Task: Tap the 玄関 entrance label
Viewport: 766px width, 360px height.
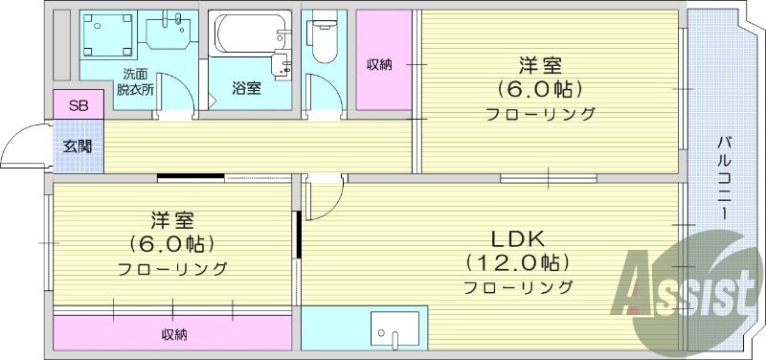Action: [79, 146]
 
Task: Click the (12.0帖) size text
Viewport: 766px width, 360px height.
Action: [517, 262]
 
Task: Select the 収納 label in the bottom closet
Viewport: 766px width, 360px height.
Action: [173, 334]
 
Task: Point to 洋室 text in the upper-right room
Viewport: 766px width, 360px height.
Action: [540, 66]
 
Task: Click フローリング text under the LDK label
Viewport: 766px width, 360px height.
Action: [517, 287]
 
